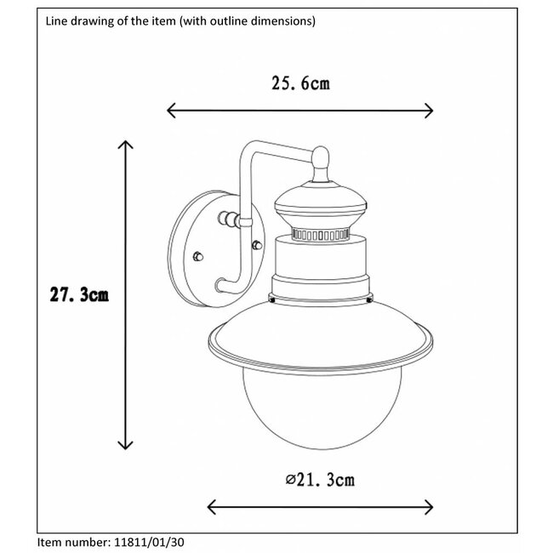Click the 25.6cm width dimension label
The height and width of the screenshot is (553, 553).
click(300, 83)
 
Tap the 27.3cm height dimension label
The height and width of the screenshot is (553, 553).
click(79, 294)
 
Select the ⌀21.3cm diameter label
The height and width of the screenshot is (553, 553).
click(320, 480)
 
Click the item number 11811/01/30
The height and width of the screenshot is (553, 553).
click(149, 542)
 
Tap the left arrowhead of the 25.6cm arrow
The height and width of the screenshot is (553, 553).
click(171, 111)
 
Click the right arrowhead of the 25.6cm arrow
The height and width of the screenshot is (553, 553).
click(429, 111)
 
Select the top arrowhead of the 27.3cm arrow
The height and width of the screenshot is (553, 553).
click(126, 145)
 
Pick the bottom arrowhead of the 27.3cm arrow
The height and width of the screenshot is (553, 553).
click(126, 445)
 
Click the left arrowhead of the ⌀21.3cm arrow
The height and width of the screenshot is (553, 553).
click(212, 507)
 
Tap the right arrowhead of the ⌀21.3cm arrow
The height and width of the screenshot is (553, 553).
click(429, 507)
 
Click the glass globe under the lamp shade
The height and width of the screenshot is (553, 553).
click(322, 411)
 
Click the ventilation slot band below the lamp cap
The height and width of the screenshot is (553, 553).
click(321, 235)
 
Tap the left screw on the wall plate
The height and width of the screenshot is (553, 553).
click(198, 256)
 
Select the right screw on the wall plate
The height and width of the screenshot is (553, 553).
click(257, 245)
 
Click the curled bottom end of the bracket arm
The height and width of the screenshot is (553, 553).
click(221, 285)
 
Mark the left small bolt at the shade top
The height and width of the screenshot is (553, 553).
click(272, 299)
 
